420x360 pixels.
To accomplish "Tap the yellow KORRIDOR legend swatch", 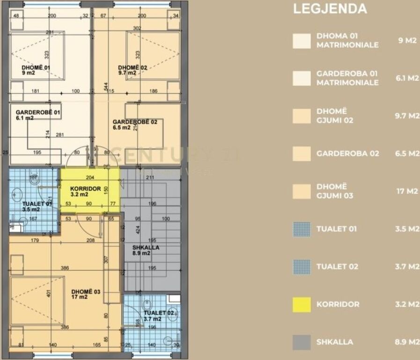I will [x=302, y=304].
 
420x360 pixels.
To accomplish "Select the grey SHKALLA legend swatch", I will [x=302, y=342].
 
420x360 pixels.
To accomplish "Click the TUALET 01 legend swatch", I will [x=302, y=229].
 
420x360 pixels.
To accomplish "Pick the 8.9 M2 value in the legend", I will [x=407, y=342].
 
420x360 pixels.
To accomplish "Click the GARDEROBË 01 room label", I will [x=37, y=112].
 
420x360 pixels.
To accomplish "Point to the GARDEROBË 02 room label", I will [x=134, y=122].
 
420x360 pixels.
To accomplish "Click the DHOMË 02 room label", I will [x=133, y=67].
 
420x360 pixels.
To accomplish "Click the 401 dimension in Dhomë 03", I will [x=48, y=294].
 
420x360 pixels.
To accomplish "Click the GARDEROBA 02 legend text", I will [x=348, y=153].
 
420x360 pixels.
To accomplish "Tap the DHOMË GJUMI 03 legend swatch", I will [x=302, y=191].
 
